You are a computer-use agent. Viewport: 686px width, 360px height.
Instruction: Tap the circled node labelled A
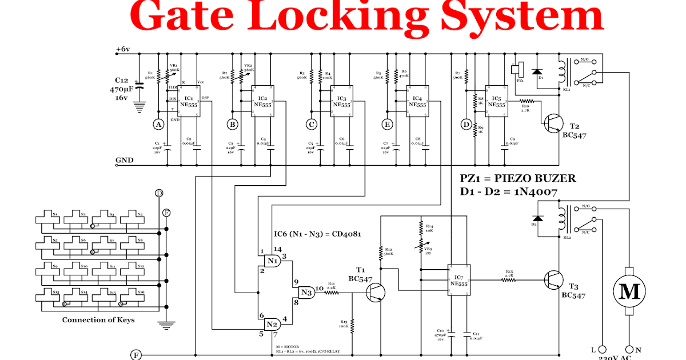click(x=158, y=124)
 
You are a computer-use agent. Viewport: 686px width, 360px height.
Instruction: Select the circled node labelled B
click(x=232, y=124)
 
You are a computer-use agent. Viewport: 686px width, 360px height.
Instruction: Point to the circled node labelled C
click(x=311, y=124)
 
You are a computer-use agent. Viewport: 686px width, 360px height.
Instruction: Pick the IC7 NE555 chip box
click(x=458, y=279)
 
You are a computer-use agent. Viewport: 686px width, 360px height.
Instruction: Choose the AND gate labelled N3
click(x=305, y=292)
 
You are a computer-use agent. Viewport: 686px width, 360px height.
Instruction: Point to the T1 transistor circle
click(x=375, y=292)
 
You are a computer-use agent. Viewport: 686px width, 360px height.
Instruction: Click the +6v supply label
click(x=122, y=49)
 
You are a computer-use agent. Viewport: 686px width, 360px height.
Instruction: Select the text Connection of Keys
click(x=98, y=319)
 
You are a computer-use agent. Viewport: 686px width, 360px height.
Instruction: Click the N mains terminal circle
click(x=631, y=349)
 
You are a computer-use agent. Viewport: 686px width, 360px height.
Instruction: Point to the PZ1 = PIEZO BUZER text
click(x=521, y=179)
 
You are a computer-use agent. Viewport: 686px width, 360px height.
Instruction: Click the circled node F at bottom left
click(x=136, y=355)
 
